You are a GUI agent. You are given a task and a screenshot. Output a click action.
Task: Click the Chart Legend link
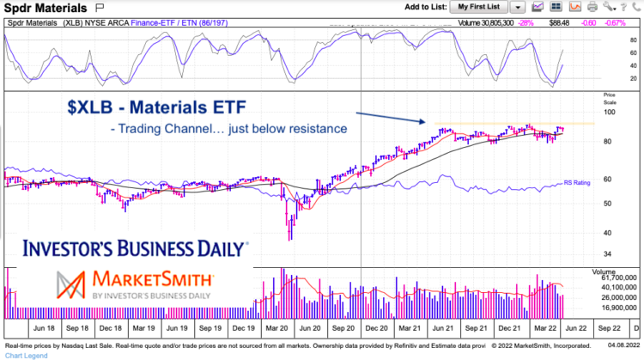pos(23,354)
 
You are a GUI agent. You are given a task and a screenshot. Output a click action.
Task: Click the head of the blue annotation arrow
pos(426,123)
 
